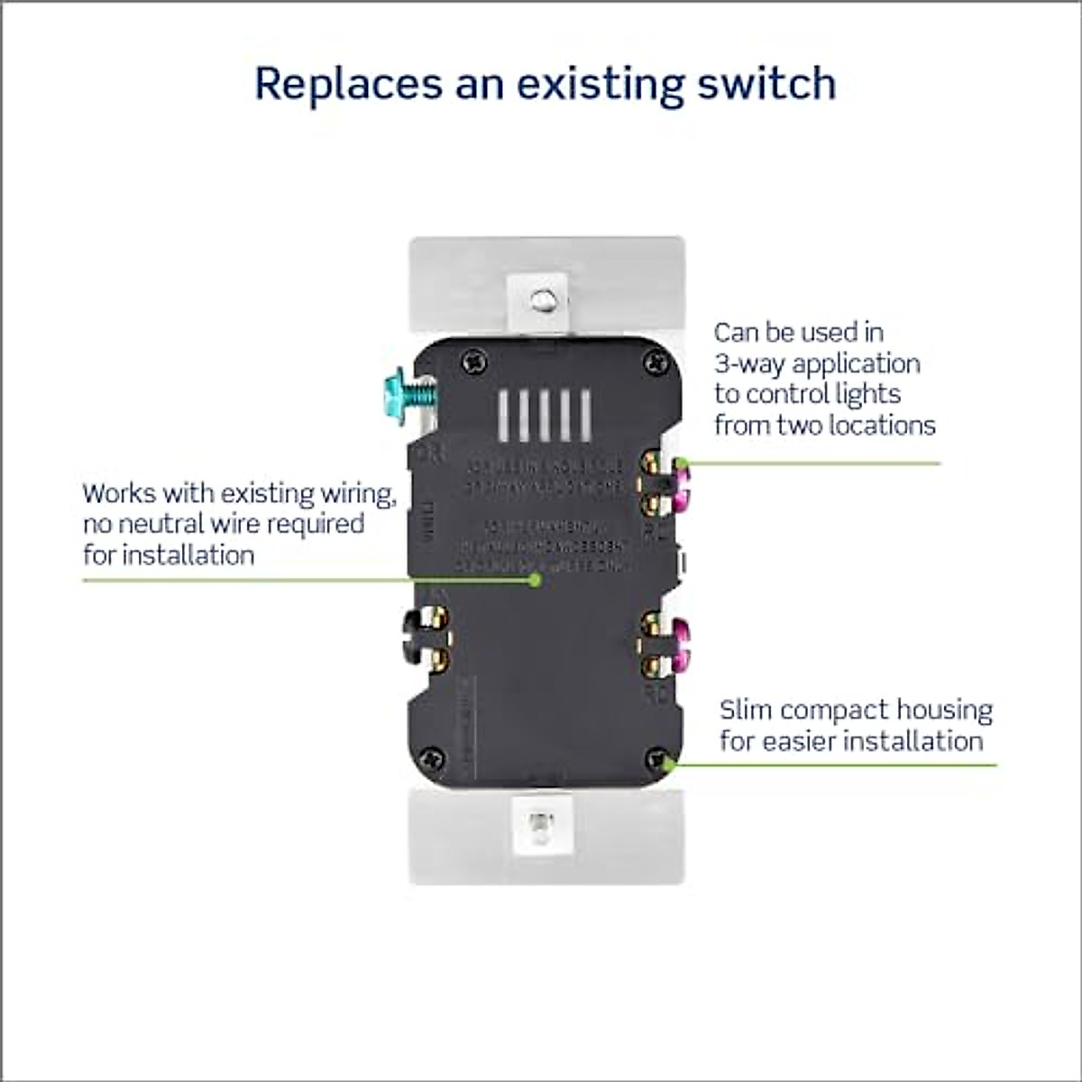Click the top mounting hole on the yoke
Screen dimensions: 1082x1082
541,301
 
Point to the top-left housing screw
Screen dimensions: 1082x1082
472,362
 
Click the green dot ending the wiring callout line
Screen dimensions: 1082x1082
535,580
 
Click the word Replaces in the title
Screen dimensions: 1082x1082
348,83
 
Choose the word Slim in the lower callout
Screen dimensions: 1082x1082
746,711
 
